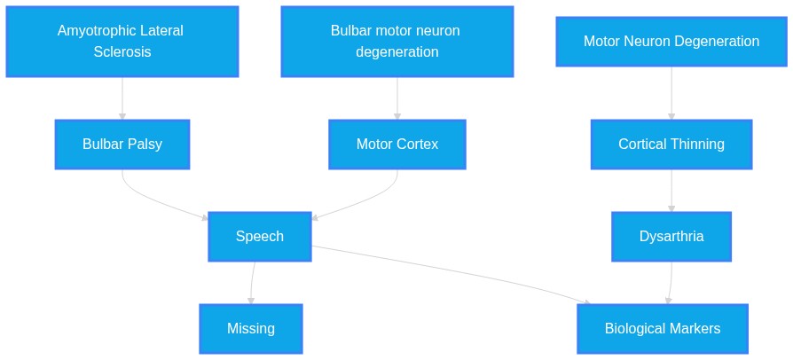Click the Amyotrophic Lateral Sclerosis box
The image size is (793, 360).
[x=122, y=42]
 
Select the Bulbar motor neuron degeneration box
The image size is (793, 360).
[x=397, y=42]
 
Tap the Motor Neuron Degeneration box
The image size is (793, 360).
[x=671, y=42]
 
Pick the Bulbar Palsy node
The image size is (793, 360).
[x=122, y=145]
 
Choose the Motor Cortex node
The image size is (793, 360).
[x=397, y=145]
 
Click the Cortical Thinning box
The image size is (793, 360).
[x=671, y=145]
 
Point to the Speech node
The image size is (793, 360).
[x=259, y=236]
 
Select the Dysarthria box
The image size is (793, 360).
[x=671, y=236]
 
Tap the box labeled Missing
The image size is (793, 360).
[x=251, y=329]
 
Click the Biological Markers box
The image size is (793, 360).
[x=663, y=329]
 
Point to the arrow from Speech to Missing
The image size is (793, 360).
[x=252, y=283]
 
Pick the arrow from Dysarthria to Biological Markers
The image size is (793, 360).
[x=671, y=283]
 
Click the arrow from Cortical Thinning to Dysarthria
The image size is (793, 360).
[x=671, y=191]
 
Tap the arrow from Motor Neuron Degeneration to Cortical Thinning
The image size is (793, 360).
[x=671, y=93]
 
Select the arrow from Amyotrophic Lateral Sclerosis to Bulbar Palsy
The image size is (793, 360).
[x=122, y=98]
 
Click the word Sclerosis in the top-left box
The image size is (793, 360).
[x=122, y=52]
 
